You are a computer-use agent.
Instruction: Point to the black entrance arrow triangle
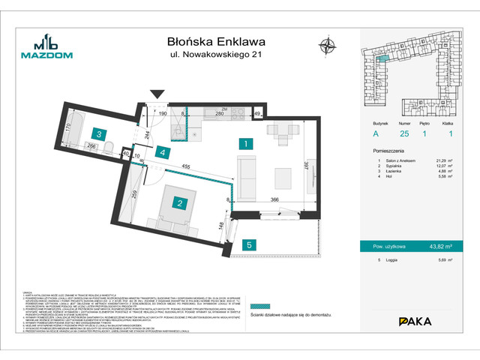pyautogui.click(x=157, y=94)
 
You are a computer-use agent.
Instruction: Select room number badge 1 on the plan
pyautogui.click(x=244, y=142)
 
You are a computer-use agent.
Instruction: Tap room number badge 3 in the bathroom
pyautogui.click(x=99, y=134)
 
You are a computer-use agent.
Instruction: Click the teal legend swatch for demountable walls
pyautogui.click(x=259, y=306)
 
